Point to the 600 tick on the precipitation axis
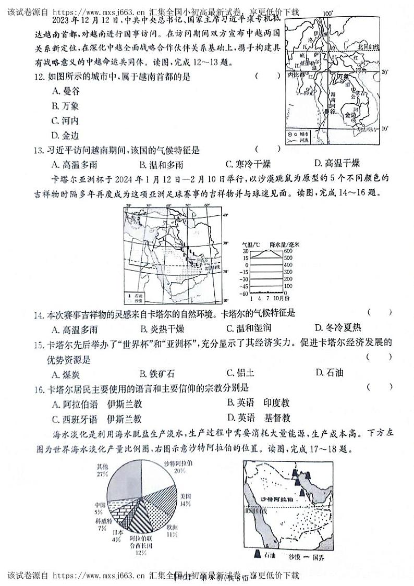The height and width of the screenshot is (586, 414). tap(287, 251)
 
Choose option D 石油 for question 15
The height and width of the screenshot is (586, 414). tap(330, 372)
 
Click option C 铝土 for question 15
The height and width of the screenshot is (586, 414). tap(240, 372)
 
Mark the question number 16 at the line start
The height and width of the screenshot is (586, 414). tap(38, 388)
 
